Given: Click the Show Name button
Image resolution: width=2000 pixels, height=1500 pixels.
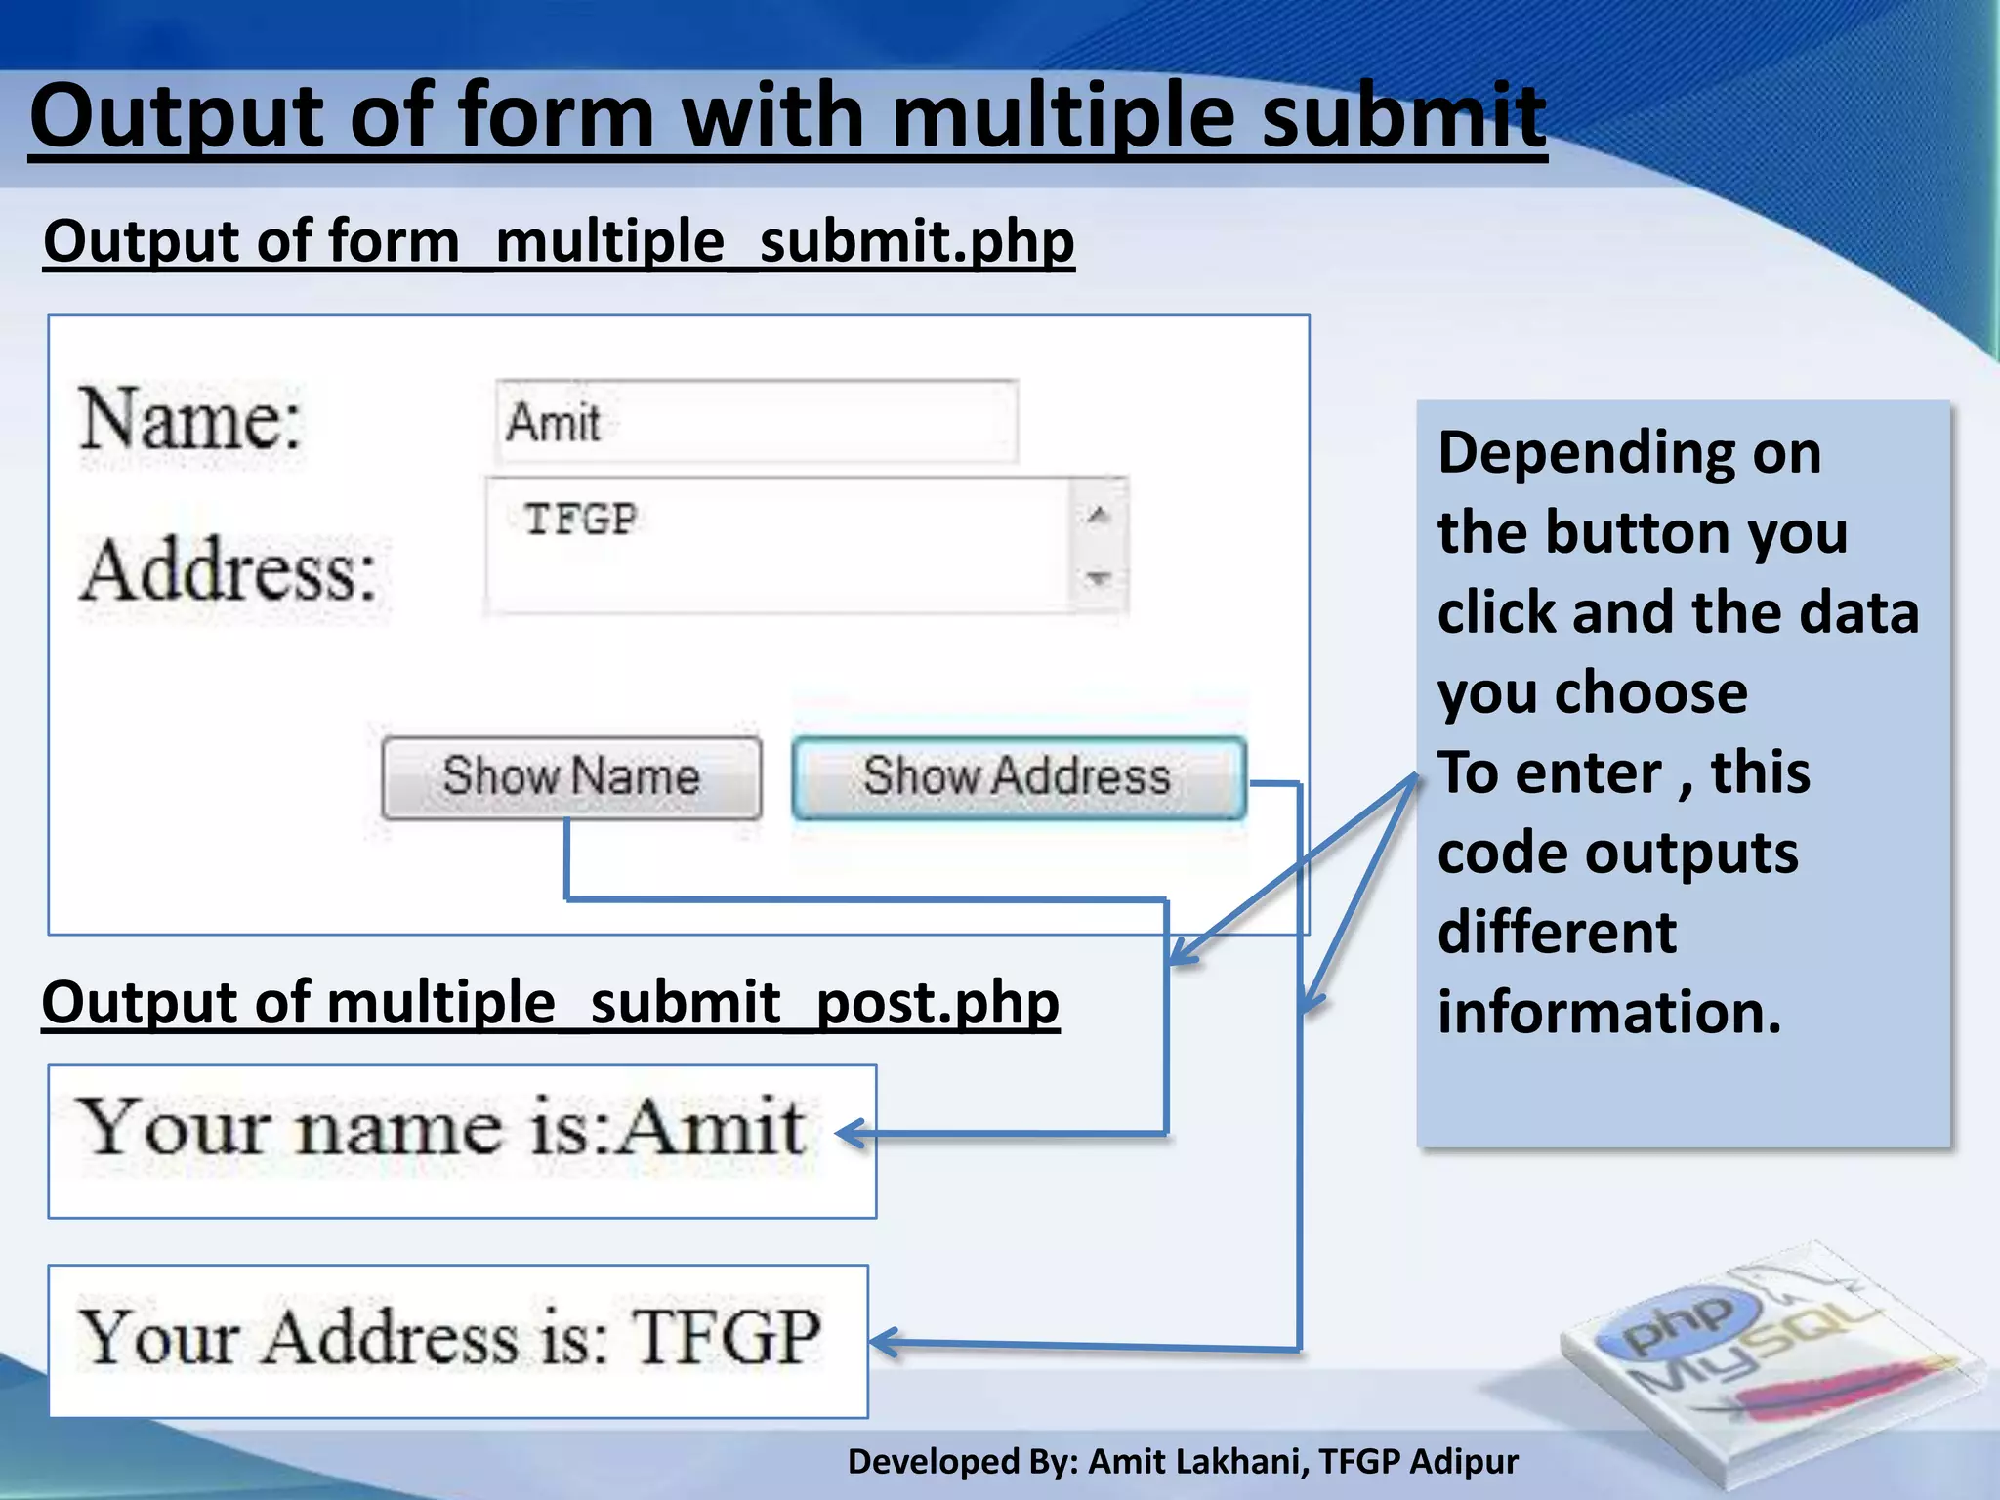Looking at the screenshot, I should pyautogui.click(x=571, y=777).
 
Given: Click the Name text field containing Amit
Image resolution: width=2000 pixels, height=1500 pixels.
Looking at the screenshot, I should pyautogui.click(x=757, y=422).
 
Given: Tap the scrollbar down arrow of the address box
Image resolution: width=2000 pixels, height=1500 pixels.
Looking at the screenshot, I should pyautogui.click(x=1099, y=578).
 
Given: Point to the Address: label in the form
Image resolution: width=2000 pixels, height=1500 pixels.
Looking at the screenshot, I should pyautogui.click(x=229, y=570).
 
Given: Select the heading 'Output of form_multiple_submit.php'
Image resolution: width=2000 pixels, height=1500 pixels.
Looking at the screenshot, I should pyautogui.click(x=559, y=241).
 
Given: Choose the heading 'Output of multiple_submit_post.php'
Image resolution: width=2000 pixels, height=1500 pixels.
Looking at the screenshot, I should pyautogui.click(x=551, y=1003).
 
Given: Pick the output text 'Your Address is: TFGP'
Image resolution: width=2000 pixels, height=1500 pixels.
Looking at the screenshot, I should pyautogui.click(x=449, y=1337).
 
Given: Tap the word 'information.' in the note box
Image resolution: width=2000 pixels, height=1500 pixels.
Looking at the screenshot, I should pyautogui.click(x=1609, y=1012).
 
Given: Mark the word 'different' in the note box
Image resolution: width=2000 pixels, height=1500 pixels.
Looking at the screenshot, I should pyautogui.click(x=1557, y=932).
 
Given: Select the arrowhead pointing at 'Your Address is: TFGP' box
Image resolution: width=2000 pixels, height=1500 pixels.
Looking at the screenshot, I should pyautogui.click(x=883, y=1343).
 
